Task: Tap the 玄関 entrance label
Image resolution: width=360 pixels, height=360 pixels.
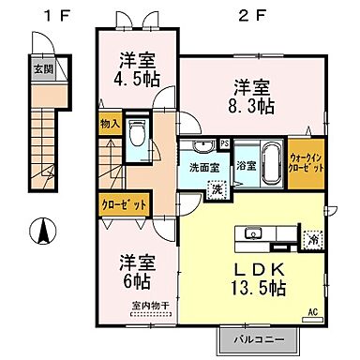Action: (43, 68)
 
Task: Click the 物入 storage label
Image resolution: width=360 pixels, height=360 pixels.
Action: (110, 123)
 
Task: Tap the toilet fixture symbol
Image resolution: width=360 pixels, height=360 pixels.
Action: (137, 137)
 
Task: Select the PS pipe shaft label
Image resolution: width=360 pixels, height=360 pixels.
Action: (226, 143)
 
